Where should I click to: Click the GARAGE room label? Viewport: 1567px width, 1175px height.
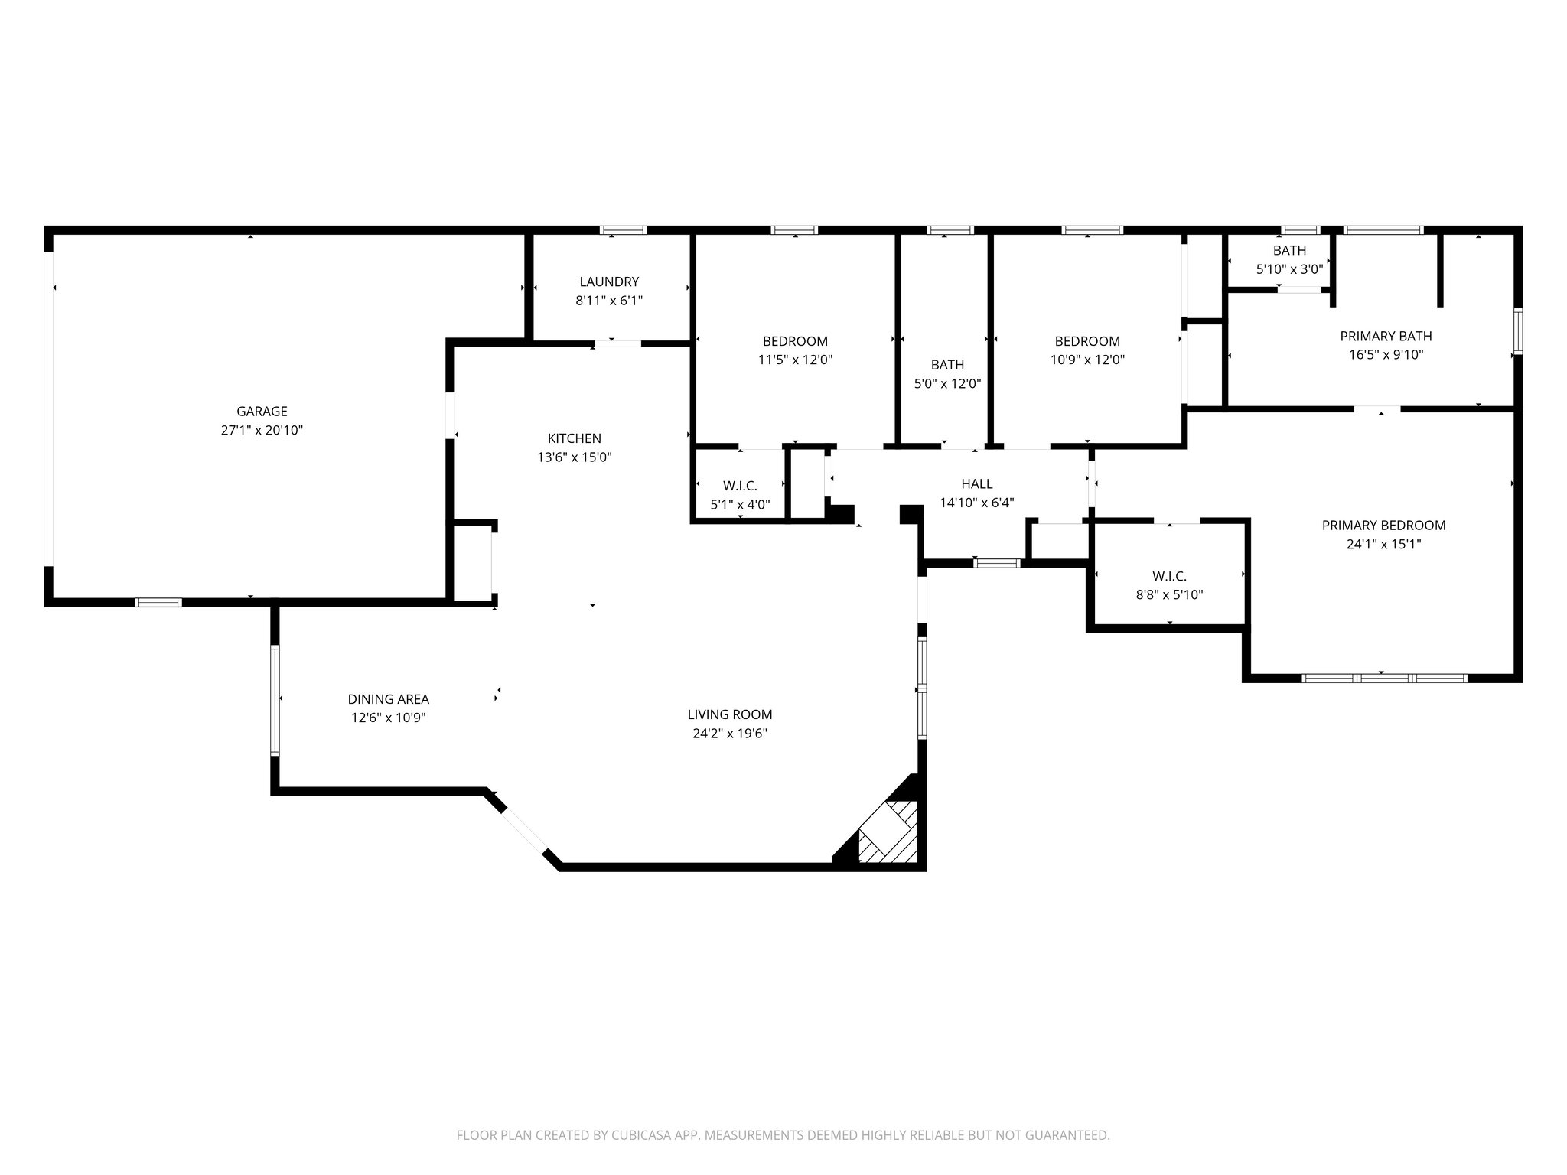click(x=262, y=412)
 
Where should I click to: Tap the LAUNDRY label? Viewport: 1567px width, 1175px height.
click(x=609, y=282)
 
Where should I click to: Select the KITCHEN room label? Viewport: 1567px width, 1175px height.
click(x=575, y=438)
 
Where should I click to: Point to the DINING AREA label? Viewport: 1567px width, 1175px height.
click(x=389, y=699)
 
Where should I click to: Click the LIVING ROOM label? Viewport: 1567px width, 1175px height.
click(x=730, y=714)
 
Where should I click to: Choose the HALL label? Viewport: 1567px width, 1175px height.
click(x=977, y=483)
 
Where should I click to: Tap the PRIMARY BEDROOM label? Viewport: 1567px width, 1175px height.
click(x=1384, y=526)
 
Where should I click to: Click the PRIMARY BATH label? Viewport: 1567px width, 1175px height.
click(x=1386, y=336)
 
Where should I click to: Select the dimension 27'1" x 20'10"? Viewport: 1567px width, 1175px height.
click(x=262, y=431)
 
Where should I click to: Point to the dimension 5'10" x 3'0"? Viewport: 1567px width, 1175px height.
click(x=1290, y=269)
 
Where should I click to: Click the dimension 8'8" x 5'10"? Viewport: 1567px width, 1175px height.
click(x=1170, y=594)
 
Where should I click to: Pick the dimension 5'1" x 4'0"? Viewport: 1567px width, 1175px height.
click(x=740, y=505)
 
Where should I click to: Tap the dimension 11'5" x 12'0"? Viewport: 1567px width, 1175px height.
click(x=795, y=360)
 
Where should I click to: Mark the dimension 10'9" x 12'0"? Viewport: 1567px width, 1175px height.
click(x=1087, y=360)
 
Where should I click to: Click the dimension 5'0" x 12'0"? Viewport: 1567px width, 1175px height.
click(x=948, y=384)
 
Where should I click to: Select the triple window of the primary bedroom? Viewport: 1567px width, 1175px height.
click(x=1385, y=678)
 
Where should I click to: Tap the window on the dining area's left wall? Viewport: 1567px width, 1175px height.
click(x=275, y=700)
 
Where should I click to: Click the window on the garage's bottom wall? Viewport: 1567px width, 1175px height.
click(x=158, y=602)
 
